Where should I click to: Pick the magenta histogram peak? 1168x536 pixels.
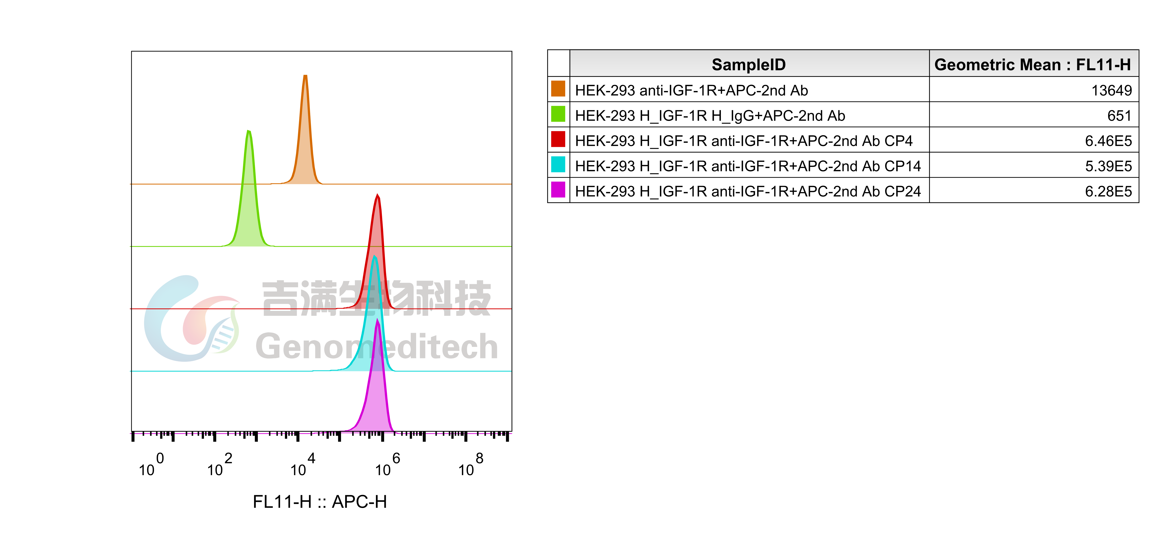click(376, 390)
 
